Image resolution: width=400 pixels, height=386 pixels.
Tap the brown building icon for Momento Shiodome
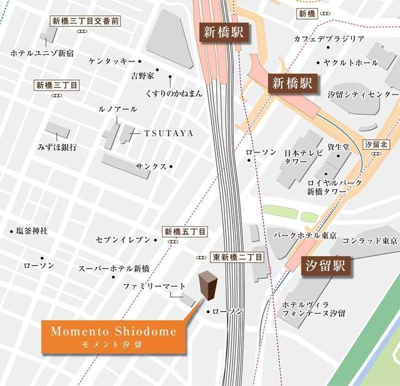click(207, 286)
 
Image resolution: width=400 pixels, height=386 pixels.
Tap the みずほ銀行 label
click(58, 146)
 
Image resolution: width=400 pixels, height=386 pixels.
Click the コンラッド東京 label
click(371, 242)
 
